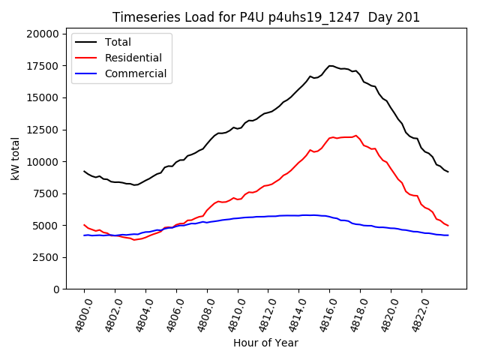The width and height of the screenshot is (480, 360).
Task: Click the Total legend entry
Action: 118,42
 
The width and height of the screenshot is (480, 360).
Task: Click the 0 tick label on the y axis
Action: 57,289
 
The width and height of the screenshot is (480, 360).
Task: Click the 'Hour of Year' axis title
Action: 265,343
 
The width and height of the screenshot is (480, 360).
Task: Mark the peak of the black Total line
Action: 331,66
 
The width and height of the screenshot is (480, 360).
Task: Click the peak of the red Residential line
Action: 356,136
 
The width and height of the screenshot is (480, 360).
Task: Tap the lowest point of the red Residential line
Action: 134,239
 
